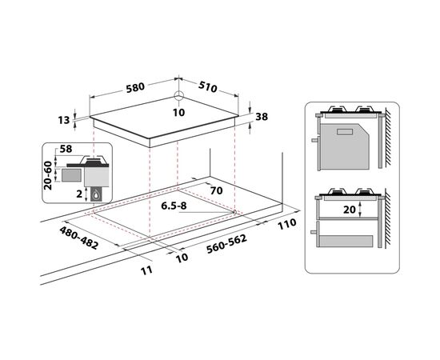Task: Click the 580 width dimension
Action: point(135,87)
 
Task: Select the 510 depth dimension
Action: point(208,86)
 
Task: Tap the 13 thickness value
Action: point(64,120)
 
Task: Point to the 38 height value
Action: point(262,117)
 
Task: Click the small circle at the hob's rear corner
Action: point(178,96)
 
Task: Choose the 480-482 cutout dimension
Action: point(79,238)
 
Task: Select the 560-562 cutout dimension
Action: point(226,243)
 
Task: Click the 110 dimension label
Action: point(286,224)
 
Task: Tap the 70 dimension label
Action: point(216,191)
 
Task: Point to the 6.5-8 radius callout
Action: point(174,206)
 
